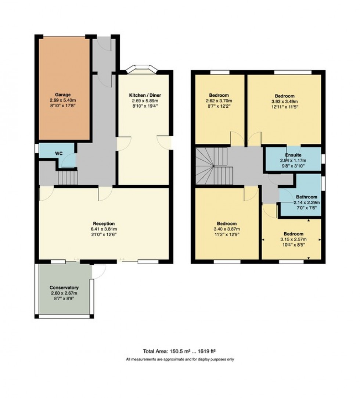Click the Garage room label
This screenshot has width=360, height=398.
(x=63, y=94)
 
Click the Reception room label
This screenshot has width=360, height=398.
(x=104, y=223)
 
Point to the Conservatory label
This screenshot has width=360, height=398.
(x=64, y=287)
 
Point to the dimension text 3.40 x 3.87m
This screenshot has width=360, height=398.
(x=227, y=229)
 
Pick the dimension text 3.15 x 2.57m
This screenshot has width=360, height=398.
(x=293, y=239)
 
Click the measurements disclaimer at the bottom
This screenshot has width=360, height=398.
(x=180, y=359)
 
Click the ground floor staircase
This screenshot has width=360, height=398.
(x=68, y=179)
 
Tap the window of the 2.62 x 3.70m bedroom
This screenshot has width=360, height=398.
(x=220, y=72)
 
